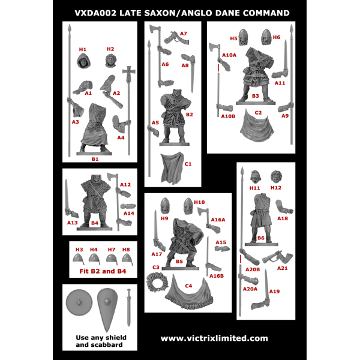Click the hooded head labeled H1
[x=83, y=61]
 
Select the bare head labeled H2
[x=111, y=61]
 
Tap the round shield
[x=79, y=302]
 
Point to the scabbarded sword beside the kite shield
[x=129, y=307]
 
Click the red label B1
[x=95, y=159]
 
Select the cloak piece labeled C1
[x=172, y=167]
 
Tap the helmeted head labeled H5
[x=244, y=37]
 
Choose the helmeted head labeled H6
[x=266, y=37]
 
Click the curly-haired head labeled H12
[x=276, y=177]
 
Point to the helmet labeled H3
[x=79, y=259]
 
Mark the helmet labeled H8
[x=127, y=259]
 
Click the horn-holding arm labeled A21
[x=277, y=257]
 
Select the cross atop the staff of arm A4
[x=129, y=73]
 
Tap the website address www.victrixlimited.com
[x=214, y=338]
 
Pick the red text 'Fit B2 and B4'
[x=103, y=271]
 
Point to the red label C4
[x=188, y=286]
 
